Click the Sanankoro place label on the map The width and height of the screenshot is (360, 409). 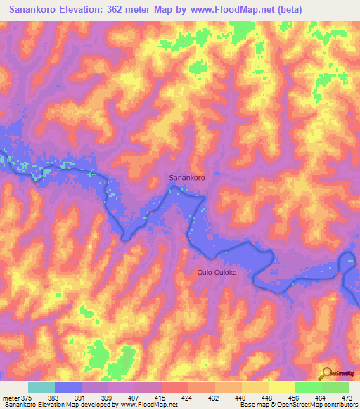[x=187, y=178]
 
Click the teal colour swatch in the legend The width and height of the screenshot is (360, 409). [x=41, y=387]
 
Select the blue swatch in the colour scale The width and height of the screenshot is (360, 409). [x=68, y=387]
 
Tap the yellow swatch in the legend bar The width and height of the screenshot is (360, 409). [x=281, y=387]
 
